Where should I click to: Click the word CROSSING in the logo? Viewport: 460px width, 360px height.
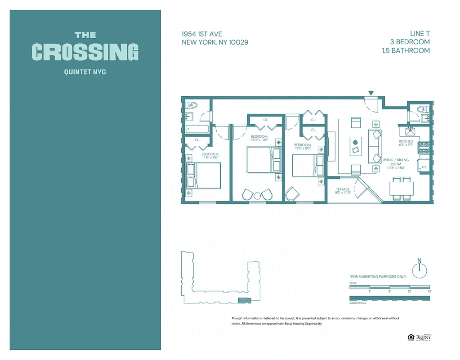point(85,52)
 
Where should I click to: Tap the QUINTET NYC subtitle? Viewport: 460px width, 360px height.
point(85,72)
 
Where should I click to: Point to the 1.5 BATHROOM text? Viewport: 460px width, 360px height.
point(406,50)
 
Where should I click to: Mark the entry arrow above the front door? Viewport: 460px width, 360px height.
point(371,93)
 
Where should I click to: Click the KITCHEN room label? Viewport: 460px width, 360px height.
point(406,141)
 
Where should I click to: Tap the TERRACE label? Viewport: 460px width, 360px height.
point(342,189)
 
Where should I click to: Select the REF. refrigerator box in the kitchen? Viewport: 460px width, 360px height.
point(424,166)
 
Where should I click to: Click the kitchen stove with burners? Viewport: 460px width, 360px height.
point(424,147)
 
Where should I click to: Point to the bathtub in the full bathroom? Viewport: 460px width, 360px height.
point(197,129)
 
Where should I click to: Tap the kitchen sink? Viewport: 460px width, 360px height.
point(410,132)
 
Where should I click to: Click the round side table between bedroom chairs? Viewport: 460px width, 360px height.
point(257,196)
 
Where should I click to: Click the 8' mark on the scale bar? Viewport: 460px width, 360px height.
point(389,292)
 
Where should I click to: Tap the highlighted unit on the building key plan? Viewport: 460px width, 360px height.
point(243,300)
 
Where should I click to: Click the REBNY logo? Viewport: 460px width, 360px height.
point(423,337)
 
